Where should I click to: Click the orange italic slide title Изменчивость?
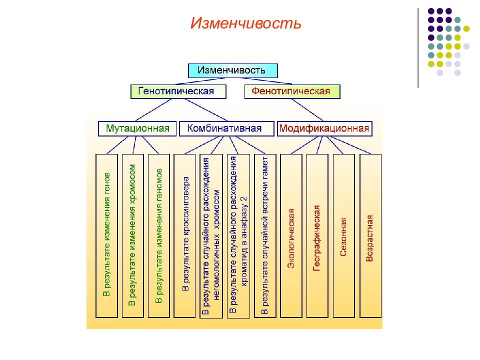point(245,23)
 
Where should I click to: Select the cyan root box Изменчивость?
point(232,70)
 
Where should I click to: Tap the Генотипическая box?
point(178,91)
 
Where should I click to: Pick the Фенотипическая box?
point(292,91)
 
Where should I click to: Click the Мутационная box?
point(137,128)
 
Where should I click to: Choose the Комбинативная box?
point(226,128)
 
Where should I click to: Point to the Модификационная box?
point(324,128)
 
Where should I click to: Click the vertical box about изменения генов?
point(106,235)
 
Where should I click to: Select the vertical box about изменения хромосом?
point(132,235)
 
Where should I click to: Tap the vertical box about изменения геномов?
point(158,235)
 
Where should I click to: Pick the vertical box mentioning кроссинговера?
point(184,235)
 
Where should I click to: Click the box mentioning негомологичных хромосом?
point(211,236)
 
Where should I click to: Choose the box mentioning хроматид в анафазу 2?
point(238,236)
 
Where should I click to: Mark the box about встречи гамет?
point(265,235)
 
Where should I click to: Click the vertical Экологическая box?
point(291,235)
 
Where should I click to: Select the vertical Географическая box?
point(317,235)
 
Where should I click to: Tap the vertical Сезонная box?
point(344,235)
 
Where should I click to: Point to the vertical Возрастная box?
point(370,235)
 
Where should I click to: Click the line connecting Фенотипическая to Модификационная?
point(307,110)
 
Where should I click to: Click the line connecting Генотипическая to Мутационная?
point(153,110)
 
